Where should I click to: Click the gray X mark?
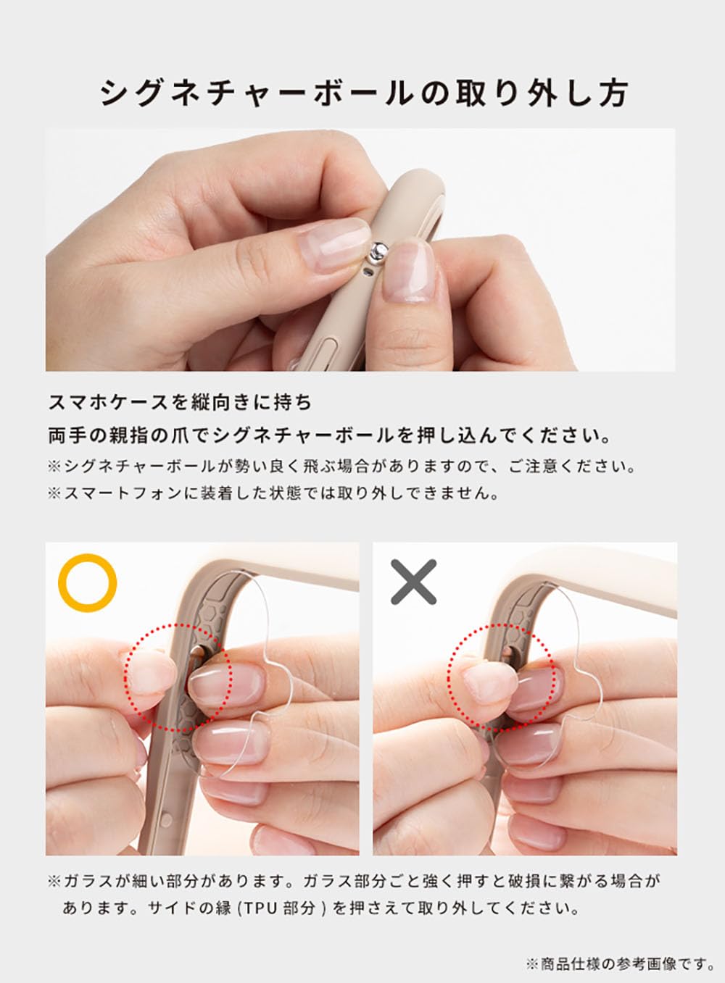click(413, 582)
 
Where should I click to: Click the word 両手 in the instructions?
click(65, 436)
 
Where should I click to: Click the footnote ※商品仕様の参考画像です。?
click(620, 963)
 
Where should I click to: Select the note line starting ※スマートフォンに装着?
click(273, 493)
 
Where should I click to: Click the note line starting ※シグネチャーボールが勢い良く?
click(341, 466)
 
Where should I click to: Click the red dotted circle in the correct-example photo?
click(178, 676)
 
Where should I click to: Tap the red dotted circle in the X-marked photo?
click(501, 676)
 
